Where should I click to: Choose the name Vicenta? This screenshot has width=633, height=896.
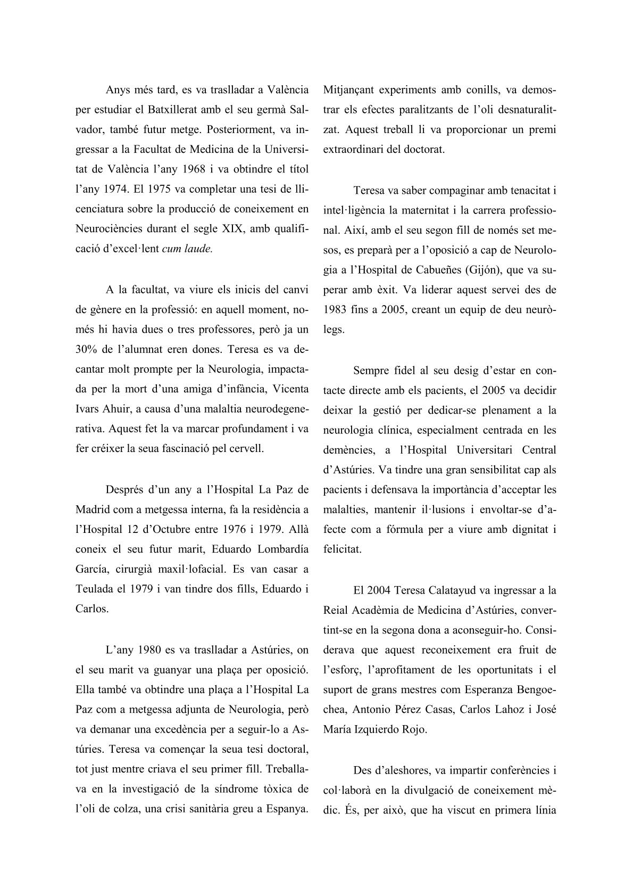click(x=290, y=389)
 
